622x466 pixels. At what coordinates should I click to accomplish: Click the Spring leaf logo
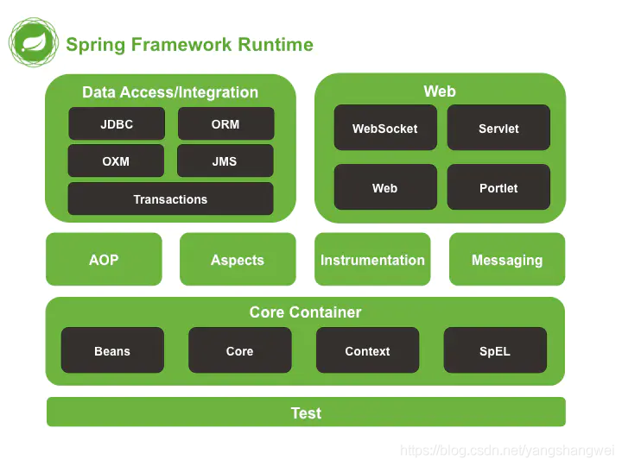coord(33,42)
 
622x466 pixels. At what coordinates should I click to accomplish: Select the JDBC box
coord(117,124)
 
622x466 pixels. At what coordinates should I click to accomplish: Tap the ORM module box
coord(225,124)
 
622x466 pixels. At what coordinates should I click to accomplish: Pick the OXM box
coord(116,161)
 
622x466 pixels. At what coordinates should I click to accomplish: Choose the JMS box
coord(225,161)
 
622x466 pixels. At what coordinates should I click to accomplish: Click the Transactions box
coord(170,199)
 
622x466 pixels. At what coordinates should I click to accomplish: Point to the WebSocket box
coord(384,129)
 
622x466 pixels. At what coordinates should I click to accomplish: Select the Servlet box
coord(498,129)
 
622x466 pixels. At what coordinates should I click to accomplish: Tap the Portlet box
coord(498,188)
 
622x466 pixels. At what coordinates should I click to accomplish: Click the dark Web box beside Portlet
coord(384,188)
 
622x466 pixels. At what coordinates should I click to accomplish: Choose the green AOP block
coord(104,260)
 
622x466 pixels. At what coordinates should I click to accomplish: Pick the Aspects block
coord(238,260)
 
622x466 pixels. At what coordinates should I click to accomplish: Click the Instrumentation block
coord(372,260)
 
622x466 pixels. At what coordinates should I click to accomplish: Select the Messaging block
coord(507,260)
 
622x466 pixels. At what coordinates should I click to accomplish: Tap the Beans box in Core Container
coord(112,351)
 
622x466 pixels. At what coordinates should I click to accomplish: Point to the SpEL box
coord(495,351)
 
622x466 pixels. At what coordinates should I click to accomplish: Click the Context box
coord(367,351)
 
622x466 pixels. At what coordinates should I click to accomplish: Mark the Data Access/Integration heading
coord(170,92)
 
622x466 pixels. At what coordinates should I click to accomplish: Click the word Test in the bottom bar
coord(306,413)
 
